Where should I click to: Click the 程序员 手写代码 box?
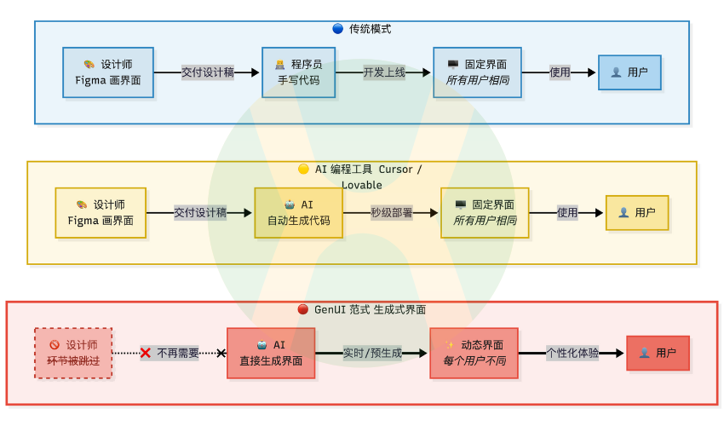(298, 72)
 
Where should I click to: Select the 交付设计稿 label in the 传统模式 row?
(208, 72)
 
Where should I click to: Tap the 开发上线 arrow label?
(384, 72)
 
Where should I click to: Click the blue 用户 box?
(629, 72)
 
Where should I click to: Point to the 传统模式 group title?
(362, 29)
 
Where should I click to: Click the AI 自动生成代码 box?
(298, 213)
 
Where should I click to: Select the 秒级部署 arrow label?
(392, 213)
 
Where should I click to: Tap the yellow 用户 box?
(637, 213)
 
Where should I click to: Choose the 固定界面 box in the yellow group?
(485, 213)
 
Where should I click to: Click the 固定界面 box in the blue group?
(477, 72)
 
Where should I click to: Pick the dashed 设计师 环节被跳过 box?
(73, 353)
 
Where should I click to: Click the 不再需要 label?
(177, 353)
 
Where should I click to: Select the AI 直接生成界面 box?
(271, 353)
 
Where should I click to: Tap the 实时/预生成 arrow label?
(372, 353)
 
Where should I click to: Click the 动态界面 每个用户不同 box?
(474, 353)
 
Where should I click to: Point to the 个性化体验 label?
(572, 353)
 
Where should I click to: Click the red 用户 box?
(658, 353)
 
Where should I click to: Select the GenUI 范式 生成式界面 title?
(362, 309)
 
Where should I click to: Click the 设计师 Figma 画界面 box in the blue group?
(108, 72)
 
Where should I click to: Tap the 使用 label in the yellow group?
(567, 213)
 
